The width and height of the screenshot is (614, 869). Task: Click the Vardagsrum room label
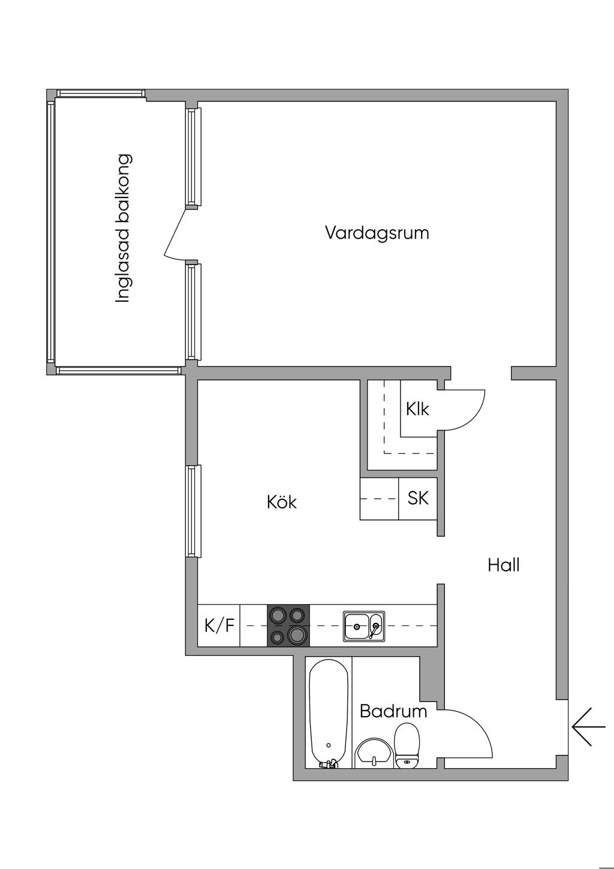(377, 233)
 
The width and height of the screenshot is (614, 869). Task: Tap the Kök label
(282, 502)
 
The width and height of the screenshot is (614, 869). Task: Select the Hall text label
(503, 565)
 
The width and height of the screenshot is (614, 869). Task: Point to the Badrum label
(393, 712)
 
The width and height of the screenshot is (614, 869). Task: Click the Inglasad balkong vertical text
(123, 229)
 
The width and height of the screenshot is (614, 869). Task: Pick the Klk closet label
(417, 409)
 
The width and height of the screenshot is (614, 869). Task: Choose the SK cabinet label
(418, 498)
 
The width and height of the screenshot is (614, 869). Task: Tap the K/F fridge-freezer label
(219, 626)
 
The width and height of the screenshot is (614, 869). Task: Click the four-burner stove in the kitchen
(288, 625)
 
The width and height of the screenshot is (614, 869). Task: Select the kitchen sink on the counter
(364, 626)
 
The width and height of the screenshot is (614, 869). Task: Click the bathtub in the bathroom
(329, 714)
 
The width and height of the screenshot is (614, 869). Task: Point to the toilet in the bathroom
(407, 745)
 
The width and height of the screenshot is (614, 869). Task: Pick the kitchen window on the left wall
(191, 511)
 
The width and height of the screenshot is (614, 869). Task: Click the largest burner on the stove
(297, 634)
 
